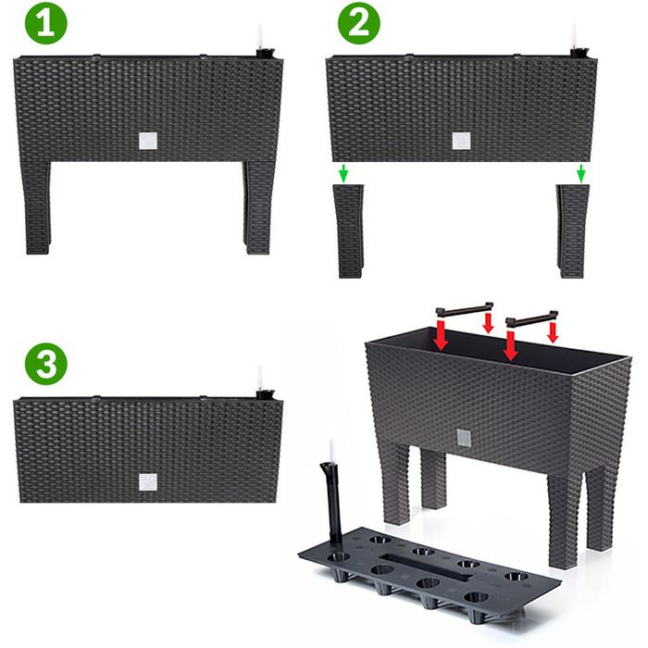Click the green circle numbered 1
coord(46,23)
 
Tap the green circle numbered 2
coord(359,23)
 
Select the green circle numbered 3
coord(46,364)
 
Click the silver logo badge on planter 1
coord(148,141)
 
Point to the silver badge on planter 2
coord(461,141)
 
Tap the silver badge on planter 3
coord(148,482)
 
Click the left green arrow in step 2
coord(343,173)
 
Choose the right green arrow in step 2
coord(581,173)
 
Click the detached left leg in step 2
coord(348,231)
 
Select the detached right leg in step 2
coord(572,231)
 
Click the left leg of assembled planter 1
coord(36,207)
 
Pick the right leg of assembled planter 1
coord(258,207)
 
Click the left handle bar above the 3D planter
coord(465,309)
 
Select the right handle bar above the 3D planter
coord(532,318)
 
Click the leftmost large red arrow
coord(442,335)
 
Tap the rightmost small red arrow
coord(553,332)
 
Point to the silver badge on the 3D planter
coord(463,437)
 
